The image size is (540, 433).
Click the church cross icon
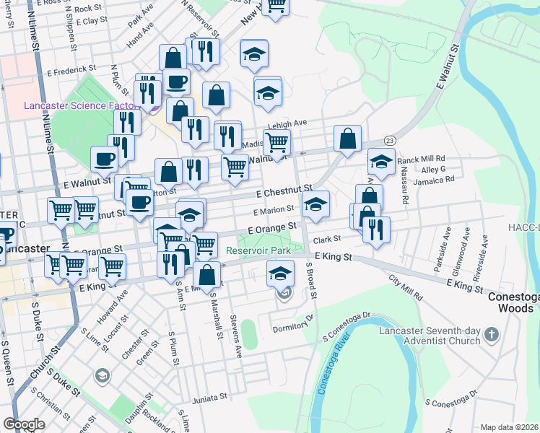point(491,335)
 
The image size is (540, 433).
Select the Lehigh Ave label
point(287,125)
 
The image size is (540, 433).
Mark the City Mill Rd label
point(405,288)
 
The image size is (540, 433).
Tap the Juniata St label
point(209,398)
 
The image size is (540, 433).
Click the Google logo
point(25,424)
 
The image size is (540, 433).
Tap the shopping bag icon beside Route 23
point(347,139)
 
